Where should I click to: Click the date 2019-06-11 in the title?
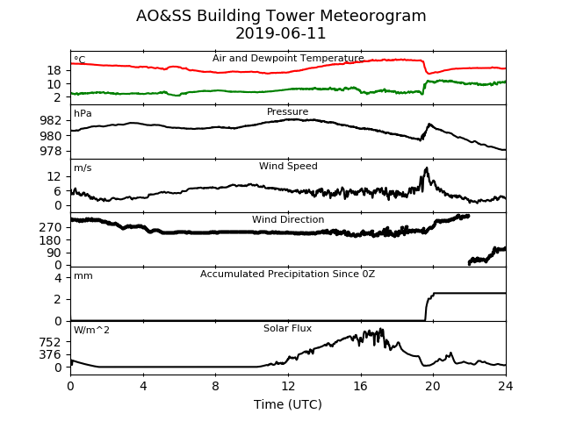click(x=281, y=33)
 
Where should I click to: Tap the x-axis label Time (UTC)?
click(x=288, y=404)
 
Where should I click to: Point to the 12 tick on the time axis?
click(x=288, y=386)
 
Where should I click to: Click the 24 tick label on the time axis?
click(x=506, y=386)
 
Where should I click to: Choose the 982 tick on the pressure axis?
click(x=51, y=121)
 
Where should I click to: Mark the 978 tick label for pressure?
click(x=51, y=151)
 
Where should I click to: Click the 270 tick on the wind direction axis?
click(x=51, y=227)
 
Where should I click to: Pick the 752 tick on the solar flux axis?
click(x=51, y=343)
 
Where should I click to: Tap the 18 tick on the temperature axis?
click(x=54, y=70)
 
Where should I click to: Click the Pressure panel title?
click(x=287, y=111)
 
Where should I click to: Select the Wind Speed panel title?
click(x=288, y=166)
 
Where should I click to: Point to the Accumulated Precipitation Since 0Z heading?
click(x=287, y=275)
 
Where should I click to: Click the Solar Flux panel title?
click(x=287, y=328)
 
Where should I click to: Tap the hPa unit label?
click(x=83, y=114)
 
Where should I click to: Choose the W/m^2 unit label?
click(x=91, y=330)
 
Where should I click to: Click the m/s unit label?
click(x=83, y=168)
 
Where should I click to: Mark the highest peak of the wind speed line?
click(x=426, y=168)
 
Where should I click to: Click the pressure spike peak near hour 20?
click(x=429, y=125)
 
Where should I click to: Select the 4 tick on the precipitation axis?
click(x=58, y=278)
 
